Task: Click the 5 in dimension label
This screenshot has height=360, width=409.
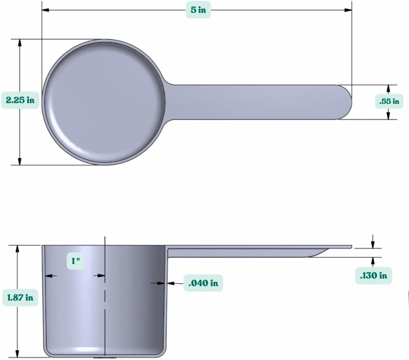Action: coord(198,10)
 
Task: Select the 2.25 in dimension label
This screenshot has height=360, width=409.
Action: coord(20,100)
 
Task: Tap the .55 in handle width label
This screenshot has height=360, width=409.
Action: coord(389,101)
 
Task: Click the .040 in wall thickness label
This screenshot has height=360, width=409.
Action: coord(203,283)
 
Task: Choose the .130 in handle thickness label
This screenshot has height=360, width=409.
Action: coord(374,275)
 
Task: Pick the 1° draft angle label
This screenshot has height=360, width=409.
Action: coord(75,261)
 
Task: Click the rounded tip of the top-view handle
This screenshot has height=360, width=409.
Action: coord(347,102)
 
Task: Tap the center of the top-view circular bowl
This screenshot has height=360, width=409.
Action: coord(104,102)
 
